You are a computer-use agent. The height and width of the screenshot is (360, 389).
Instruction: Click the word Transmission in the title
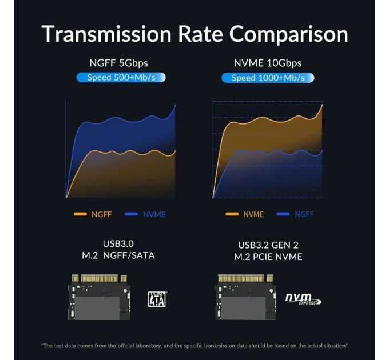point(106,34)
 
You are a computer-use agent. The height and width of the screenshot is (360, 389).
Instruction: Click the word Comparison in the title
point(288,35)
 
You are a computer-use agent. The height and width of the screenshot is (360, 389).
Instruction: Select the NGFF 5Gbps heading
point(118,63)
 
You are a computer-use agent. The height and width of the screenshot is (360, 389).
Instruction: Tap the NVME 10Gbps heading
point(268,63)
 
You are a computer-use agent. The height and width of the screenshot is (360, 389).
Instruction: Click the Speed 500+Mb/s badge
point(121,78)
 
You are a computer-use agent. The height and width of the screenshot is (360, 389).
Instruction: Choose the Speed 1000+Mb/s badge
point(268,78)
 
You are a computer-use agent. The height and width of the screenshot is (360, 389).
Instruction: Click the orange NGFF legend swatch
point(80,214)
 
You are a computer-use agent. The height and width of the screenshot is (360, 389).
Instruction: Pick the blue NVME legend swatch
point(131,214)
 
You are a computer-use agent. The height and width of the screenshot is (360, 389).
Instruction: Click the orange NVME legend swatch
point(232,214)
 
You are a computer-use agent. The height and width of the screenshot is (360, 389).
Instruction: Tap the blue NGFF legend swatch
point(283,214)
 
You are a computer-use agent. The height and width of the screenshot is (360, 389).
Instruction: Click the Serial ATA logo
point(157,299)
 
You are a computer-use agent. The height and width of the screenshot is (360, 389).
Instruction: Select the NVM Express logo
point(303,299)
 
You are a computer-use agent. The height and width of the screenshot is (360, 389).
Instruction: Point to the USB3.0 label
point(118,244)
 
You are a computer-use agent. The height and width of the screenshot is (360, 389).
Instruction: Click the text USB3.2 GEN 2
point(268,245)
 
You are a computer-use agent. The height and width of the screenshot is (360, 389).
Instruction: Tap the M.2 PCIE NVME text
point(268,257)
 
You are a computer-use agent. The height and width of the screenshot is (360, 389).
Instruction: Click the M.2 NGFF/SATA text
point(118,255)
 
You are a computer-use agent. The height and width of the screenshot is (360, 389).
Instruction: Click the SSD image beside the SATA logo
point(99,297)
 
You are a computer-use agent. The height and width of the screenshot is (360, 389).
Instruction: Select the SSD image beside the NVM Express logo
point(245,297)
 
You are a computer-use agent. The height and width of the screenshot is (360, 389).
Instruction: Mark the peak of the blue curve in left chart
point(176,105)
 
